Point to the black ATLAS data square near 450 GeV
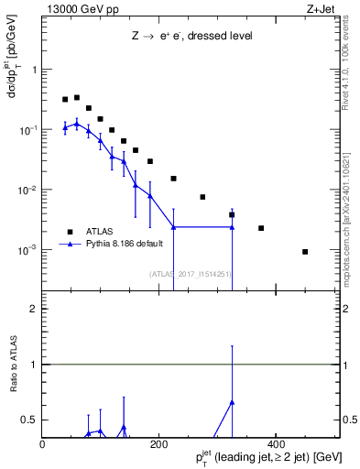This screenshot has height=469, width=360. point(305,252)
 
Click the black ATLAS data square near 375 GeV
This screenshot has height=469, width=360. point(261,228)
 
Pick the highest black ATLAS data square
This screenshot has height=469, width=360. point(77,97)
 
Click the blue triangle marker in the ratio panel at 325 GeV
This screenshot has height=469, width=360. point(232,402)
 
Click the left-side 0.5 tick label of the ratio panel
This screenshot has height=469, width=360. point(30,420)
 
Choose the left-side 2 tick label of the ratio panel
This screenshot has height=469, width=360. point(34,309)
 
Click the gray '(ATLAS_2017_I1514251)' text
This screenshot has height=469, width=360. point(191,273)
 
